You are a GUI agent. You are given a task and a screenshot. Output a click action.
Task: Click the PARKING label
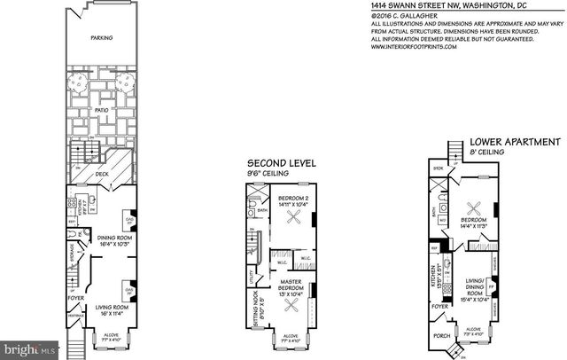(99, 38)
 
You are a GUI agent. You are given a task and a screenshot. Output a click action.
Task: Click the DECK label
(104, 176)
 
